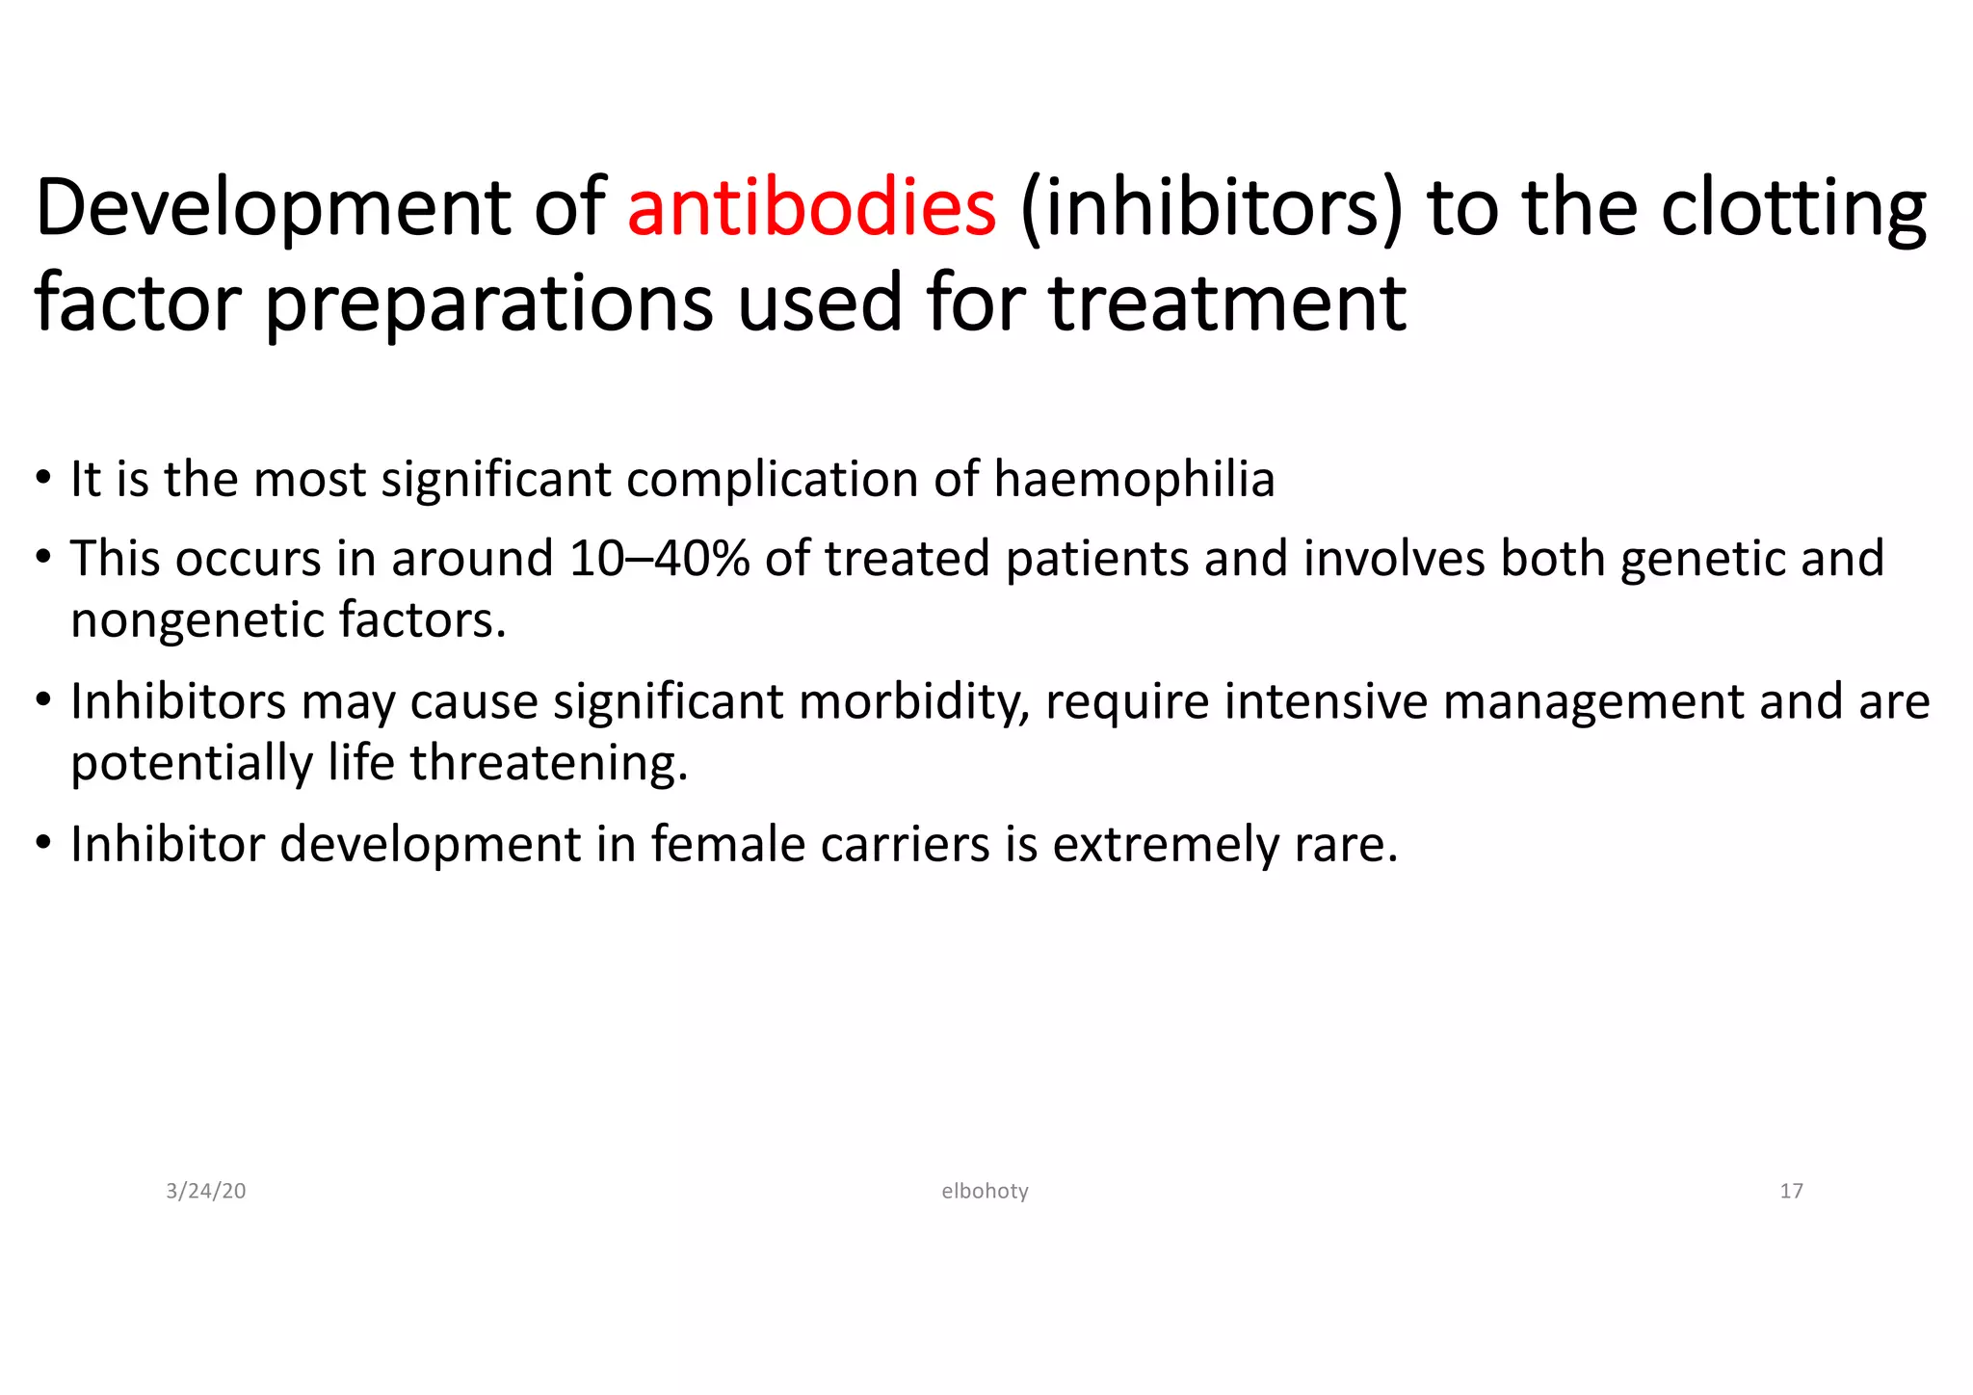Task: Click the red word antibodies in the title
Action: pyautogui.click(x=811, y=209)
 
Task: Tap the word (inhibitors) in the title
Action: pyautogui.click(x=1211, y=209)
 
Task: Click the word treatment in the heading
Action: pyautogui.click(x=1227, y=304)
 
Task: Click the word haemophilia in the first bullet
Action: pyautogui.click(x=1134, y=480)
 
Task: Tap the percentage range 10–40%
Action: pyautogui.click(x=659, y=560)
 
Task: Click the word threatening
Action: pyautogui.click(x=549, y=763)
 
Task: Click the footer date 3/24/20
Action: pyautogui.click(x=206, y=1192)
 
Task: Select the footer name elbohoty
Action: pyautogui.click(x=985, y=1192)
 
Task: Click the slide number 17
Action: pyautogui.click(x=1791, y=1192)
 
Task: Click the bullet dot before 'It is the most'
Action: pyautogui.click(x=42, y=480)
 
